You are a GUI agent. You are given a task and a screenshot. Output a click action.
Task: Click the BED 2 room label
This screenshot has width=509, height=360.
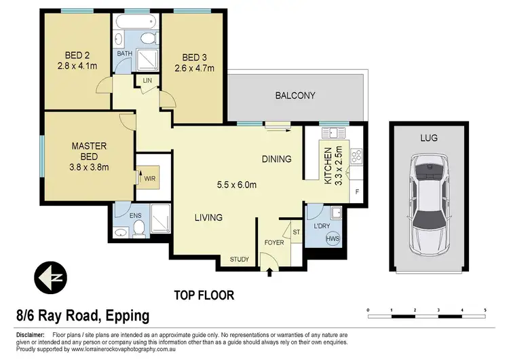point(77,55)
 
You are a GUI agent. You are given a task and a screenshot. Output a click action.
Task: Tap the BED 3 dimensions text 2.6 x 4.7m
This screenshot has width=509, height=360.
point(193,68)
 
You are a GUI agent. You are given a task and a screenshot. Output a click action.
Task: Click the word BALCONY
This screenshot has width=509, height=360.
point(295,96)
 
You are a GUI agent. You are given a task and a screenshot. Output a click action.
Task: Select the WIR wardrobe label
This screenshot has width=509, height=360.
point(149,178)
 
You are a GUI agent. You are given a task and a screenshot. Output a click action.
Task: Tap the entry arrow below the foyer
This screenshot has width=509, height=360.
point(271,273)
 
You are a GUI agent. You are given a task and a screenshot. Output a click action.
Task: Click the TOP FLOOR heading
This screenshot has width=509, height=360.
point(204,295)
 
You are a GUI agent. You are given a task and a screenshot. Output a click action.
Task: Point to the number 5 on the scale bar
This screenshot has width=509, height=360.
point(485,310)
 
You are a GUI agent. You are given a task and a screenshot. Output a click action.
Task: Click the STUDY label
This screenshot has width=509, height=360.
point(240,259)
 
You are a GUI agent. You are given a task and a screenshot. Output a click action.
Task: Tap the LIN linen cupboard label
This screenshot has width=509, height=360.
point(147,81)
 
